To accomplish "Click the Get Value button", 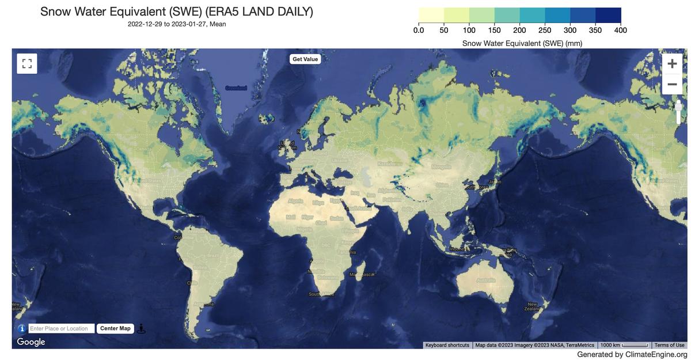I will coord(305,59).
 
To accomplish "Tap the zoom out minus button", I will coord(672,84).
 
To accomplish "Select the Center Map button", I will coord(115,328).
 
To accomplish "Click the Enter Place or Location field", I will coord(61,328).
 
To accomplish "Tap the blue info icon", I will coord(22,328).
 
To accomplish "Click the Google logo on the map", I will coord(31,342).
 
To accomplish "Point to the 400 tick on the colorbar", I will coord(620,30).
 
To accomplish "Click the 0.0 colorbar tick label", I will coord(419,30).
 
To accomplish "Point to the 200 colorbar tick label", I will coord(519,30).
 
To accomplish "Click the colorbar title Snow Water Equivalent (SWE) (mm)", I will coord(522,43).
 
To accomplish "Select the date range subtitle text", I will coord(177,24).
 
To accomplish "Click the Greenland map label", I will coord(236,88).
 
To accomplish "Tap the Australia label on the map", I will coord(486,281).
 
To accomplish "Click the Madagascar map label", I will coord(362,274).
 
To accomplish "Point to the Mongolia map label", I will coord(441,167).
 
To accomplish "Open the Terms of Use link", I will coord(669,345).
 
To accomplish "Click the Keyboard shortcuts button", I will coord(447,345).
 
